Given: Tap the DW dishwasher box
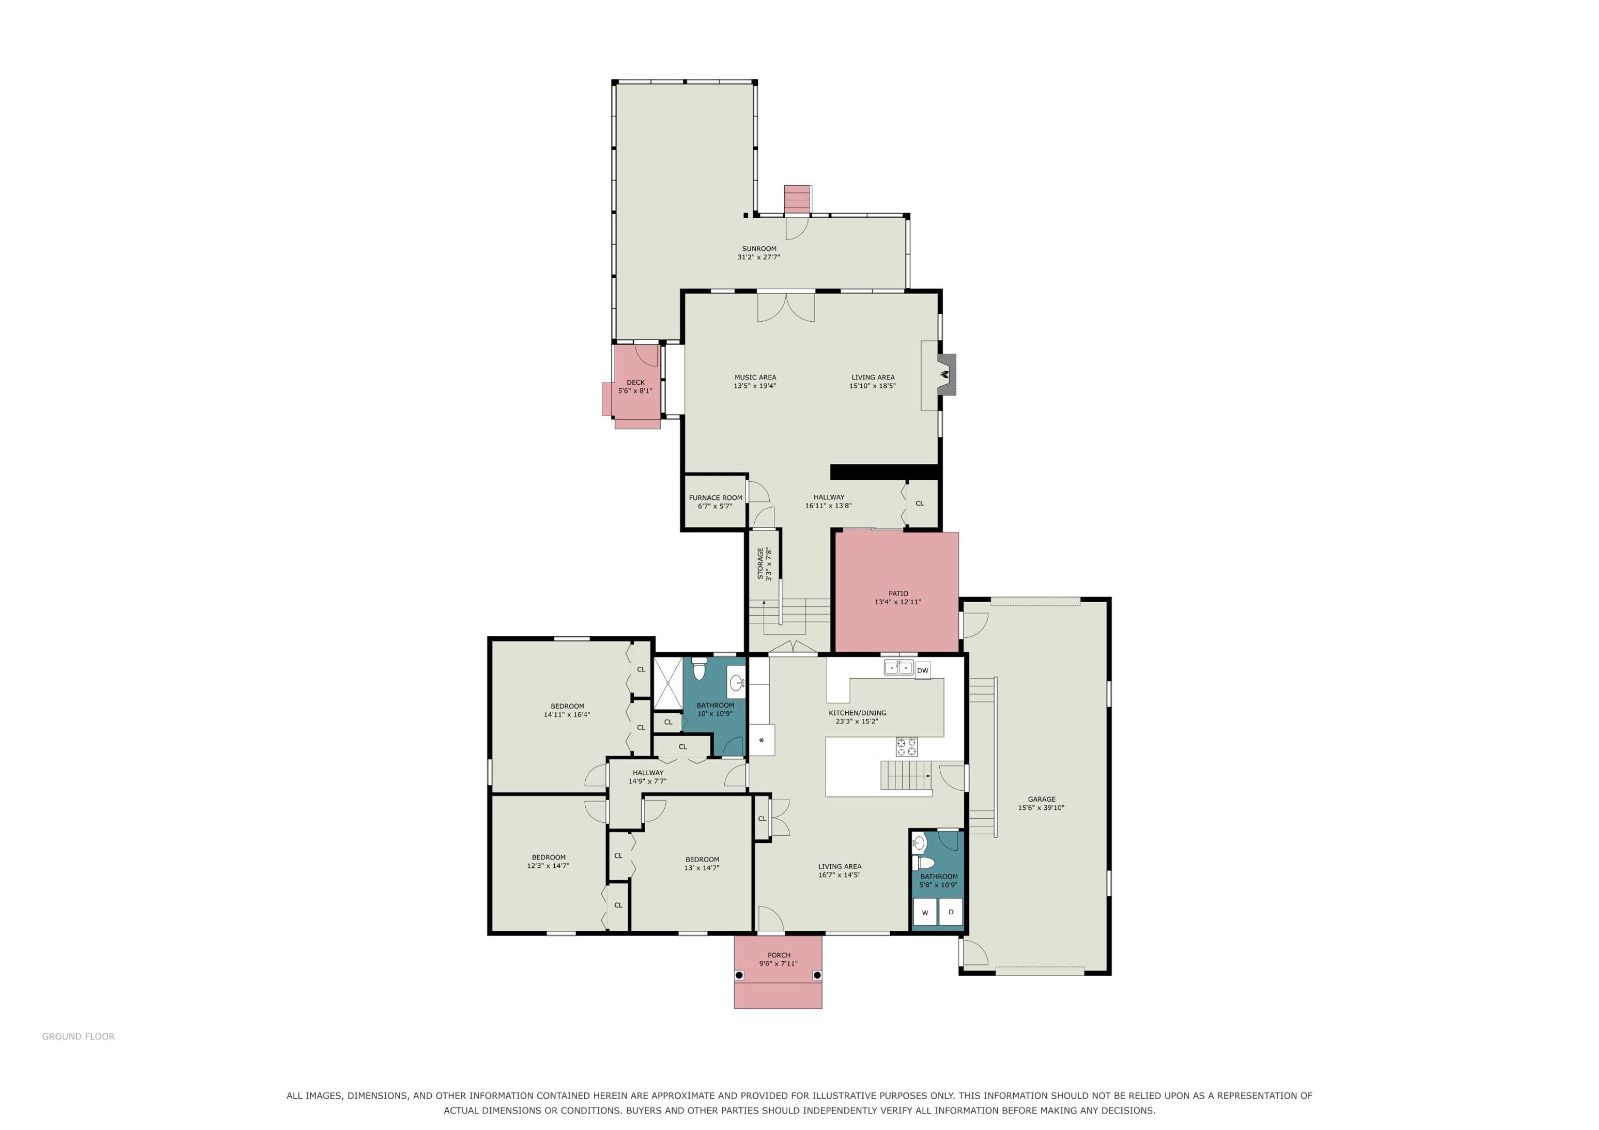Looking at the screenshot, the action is point(922,670).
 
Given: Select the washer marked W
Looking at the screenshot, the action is point(925,912).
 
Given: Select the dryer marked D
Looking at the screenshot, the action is point(951,912).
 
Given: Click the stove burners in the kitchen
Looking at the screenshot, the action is point(906,747).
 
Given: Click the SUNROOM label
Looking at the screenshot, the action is point(759,249).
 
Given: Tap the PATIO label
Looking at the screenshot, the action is point(898,593).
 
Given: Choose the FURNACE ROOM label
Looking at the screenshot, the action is point(715,498).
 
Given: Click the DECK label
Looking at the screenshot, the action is point(636,382).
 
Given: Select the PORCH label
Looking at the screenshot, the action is point(779,955).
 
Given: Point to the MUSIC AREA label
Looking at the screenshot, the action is point(755,377).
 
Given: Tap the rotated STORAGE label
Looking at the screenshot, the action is point(761,563).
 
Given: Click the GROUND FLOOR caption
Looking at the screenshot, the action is point(78,1037).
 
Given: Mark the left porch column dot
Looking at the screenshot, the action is point(740,975).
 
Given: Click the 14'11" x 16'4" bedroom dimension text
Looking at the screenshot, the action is point(567,714).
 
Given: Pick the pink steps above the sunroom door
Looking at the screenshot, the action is point(797,200).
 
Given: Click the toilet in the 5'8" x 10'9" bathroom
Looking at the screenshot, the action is point(923,863).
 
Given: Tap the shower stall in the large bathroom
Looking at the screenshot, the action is point(667,683).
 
